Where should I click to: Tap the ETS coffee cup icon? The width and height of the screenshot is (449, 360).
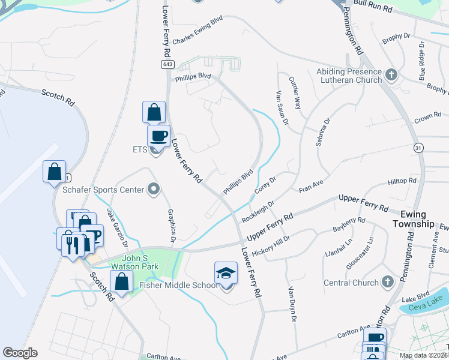pyautogui.click(x=158, y=136)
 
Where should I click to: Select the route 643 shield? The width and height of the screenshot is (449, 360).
pyautogui.click(x=166, y=64)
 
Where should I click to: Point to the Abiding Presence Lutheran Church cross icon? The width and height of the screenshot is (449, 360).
pyautogui.click(x=391, y=76)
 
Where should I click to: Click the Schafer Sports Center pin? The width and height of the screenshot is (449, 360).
pyautogui.click(x=154, y=190)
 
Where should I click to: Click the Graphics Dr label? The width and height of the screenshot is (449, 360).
pyautogui.click(x=171, y=223)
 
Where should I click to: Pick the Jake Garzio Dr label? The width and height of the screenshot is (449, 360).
pyautogui.click(x=117, y=227)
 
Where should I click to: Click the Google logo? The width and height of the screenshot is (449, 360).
pyautogui.click(x=20, y=353)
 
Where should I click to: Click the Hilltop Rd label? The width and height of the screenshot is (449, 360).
pyautogui.click(x=402, y=181)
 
